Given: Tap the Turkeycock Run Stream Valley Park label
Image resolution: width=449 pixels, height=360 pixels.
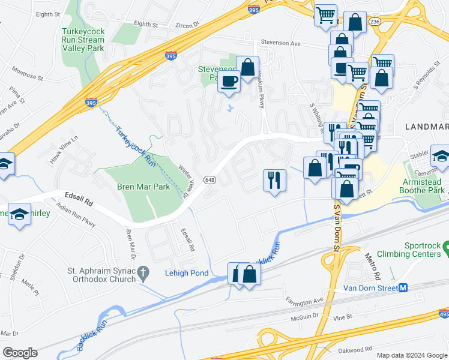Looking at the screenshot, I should (83, 40).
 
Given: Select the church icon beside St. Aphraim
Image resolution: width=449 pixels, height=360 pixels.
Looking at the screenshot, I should (143, 274).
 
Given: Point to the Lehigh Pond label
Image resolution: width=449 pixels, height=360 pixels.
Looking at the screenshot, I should (187, 274).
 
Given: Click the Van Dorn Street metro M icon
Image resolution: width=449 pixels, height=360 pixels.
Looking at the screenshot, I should (403, 288).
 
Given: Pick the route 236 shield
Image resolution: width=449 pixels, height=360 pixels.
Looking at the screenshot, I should (375, 21).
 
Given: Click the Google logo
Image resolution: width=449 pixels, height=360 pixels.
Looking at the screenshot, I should (20, 353).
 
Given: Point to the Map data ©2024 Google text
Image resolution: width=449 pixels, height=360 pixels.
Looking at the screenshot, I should (412, 355).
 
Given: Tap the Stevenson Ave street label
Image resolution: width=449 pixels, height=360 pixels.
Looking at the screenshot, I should (280, 43).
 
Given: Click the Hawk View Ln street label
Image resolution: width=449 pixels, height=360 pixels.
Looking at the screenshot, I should (64, 142).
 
